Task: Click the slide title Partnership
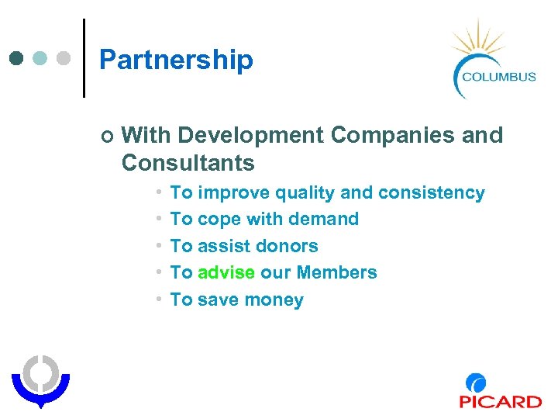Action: pyautogui.click(x=176, y=60)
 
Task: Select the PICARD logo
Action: pyautogui.click(x=500, y=391)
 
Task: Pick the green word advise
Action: pyautogui.click(x=226, y=272)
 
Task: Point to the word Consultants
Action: pyautogui.click(x=188, y=163)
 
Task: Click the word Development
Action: pyautogui.click(x=250, y=135)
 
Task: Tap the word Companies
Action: pyautogui.click(x=393, y=135)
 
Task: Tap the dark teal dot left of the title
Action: pyautogui.click(x=17, y=58)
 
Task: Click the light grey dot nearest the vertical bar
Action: pyautogui.click(x=64, y=58)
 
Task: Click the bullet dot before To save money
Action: pyautogui.click(x=157, y=300)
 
